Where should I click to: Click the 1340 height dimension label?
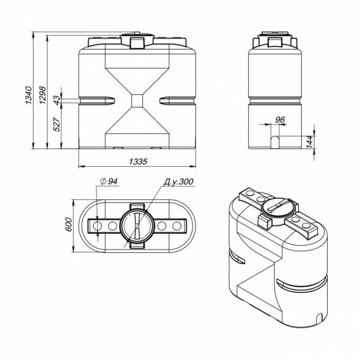coord(28,95)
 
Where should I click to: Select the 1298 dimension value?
coord(42,95)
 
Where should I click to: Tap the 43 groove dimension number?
coord(57,100)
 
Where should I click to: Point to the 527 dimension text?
coord(57,124)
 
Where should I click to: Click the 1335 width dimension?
coord(138,161)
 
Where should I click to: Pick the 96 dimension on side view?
coord(280,120)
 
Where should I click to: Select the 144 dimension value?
coord(309,142)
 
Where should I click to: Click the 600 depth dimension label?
coord(68,224)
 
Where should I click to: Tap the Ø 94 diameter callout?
coord(109,182)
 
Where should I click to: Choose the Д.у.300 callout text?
coord(178,182)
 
